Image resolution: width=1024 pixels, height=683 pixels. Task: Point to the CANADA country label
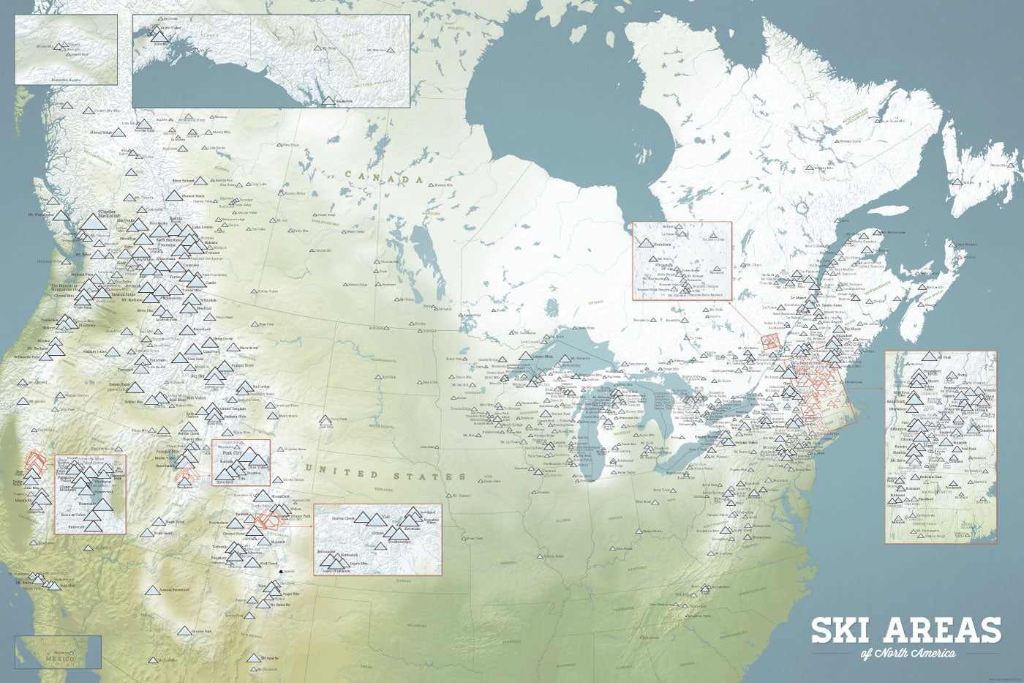(385, 177)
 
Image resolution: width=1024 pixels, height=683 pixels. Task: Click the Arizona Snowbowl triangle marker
(151, 591)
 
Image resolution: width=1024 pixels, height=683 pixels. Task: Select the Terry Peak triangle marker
(325, 420)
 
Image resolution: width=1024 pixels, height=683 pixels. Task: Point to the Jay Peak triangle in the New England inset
(929, 357)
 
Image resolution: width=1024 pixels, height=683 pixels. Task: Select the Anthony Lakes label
(95, 352)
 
